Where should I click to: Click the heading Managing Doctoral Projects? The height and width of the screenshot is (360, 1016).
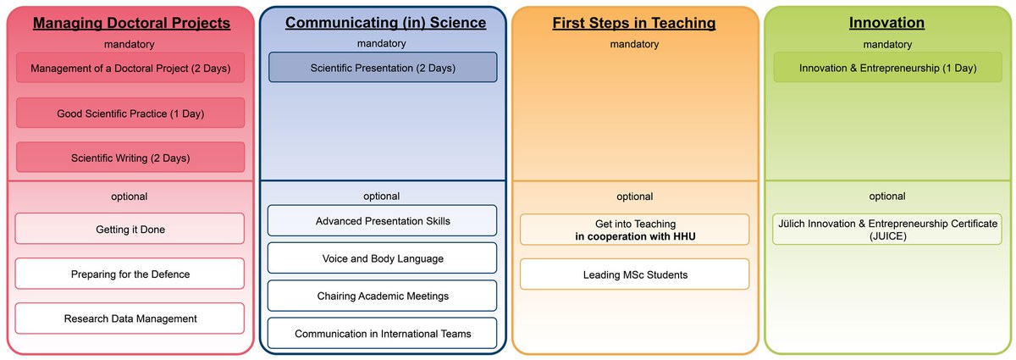click(131, 23)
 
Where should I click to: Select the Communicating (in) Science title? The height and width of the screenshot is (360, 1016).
click(385, 23)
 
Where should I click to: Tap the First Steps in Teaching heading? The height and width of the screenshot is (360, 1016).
click(634, 23)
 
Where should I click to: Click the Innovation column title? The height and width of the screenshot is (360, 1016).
click(886, 23)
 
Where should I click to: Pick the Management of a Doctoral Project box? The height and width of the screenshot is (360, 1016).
click(130, 68)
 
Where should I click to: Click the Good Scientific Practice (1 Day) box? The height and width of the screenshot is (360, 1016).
click(130, 113)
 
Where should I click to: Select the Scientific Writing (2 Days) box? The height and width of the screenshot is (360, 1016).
click(130, 157)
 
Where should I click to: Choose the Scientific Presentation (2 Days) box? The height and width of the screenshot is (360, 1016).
click(383, 67)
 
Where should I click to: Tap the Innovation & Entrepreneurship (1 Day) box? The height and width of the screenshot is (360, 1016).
click(887, 67)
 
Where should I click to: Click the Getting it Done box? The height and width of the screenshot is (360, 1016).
click(130, 229)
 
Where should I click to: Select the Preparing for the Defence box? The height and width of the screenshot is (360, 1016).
click(130, 274)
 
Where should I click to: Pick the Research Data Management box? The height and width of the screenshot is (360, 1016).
click(130, 318)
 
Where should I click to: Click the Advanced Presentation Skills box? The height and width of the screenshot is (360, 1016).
click(383, 220)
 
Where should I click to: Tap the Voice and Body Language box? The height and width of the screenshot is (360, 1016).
click(383, 258)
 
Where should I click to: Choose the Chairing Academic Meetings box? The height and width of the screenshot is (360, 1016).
click(383, 296)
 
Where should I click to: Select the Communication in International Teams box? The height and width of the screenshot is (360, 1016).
click(383, 333)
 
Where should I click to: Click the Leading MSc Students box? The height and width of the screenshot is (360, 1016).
click(634, 274)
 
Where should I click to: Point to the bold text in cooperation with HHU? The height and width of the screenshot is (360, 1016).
click(635, 236)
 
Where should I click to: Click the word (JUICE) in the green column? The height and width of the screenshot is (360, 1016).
click(887, 236)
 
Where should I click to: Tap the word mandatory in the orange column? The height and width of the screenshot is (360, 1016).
click(634, 44)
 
